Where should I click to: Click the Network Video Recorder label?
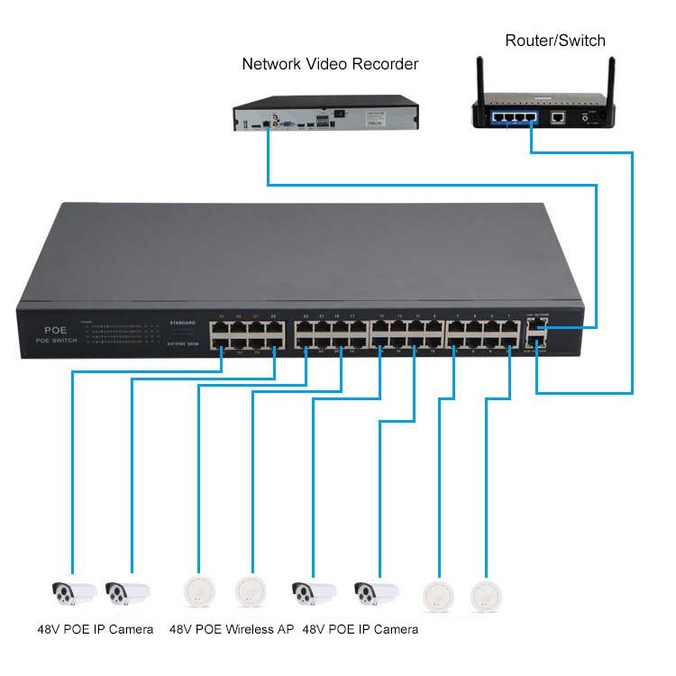(330, 64)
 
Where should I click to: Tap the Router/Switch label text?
(554, 41)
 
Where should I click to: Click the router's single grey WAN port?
(559, 116)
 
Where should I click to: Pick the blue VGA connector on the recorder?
(286, 122)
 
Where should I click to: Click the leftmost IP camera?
(73, 592)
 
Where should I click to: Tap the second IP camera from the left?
(127, 592)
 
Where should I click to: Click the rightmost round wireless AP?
(486, 594)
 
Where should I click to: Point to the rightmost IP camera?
(376, 592)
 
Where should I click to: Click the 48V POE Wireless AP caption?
(232, 629)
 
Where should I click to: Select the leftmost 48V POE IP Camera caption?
(96, 629)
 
